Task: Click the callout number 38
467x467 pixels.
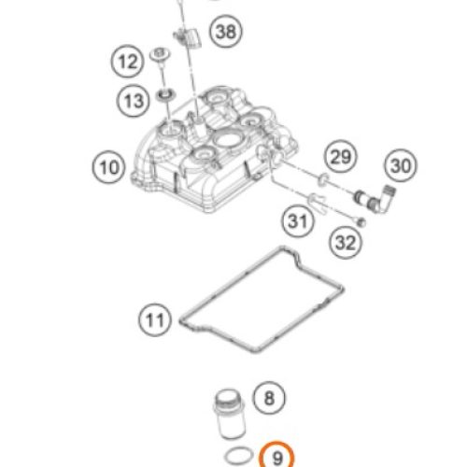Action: tap(226, 32)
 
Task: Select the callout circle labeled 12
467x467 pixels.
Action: tap(127, 62)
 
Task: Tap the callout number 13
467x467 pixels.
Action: tap(134, 101)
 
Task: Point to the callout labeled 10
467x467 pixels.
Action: tap(109, 167)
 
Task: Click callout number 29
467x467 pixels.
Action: tap(340, 157)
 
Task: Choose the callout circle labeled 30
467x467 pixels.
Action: tap(401, 165)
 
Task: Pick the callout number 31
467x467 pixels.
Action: tap(298, 221)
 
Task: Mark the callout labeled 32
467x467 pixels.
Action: tap(346, 242)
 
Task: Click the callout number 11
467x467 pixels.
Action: tap(155, 319)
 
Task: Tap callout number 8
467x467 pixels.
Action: tap(269, 398)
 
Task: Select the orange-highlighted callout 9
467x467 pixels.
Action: tap(276, 457)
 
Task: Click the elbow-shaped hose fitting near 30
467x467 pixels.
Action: tap(375, 199)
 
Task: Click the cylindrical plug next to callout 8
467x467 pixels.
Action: tap(229, 413)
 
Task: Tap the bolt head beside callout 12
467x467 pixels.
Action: tap(161, 55)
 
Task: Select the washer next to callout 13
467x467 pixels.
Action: tap(166, 94)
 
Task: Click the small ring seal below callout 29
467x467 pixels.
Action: tap(323, 179)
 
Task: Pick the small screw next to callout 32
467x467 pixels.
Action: tap(361, 221)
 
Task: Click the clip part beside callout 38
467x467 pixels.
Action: tap(188, 37)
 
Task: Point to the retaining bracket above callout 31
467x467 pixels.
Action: tap(317, 202)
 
